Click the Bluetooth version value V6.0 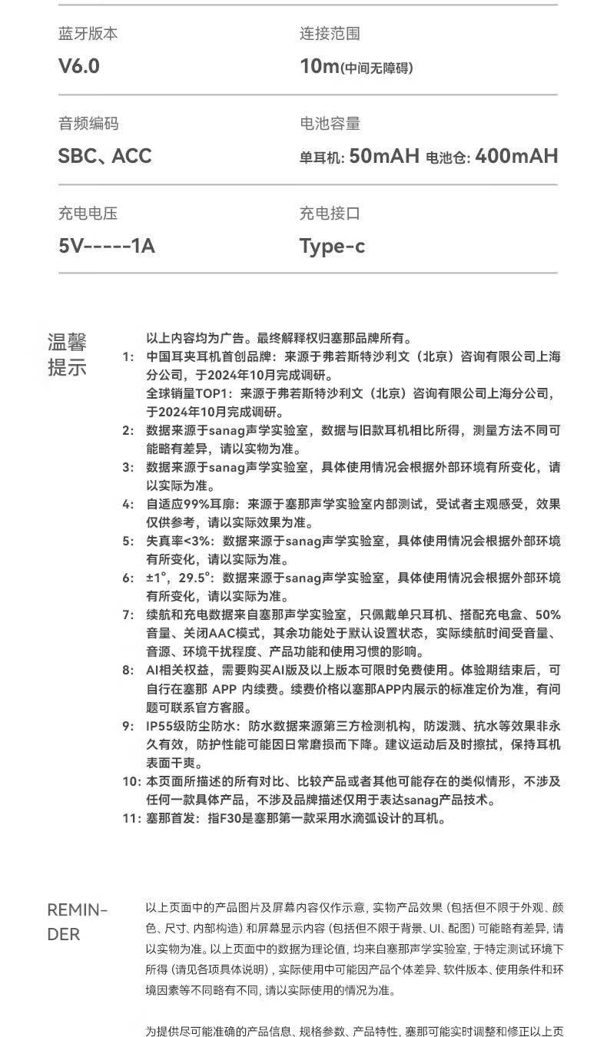tap(79, 66)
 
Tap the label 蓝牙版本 tap(88, 34)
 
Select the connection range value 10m tap(320, 66)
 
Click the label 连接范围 tap(330, 34)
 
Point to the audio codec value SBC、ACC tap(105, 156)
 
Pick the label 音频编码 tap(88, 124)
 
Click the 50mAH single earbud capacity tap(384, 157)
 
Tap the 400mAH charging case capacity tap(516, 157)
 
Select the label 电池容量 tap(330, 124)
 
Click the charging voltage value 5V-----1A tap(107, 246)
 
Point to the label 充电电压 tap(88, 214)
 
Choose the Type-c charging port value tap(332, 246)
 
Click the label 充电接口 tap(330, 214)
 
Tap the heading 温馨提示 tap(68, 354)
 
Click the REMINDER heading tap(78, 923)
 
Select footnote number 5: tap(128, 541)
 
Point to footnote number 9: tap(128, 726)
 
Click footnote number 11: tap(131, 818)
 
